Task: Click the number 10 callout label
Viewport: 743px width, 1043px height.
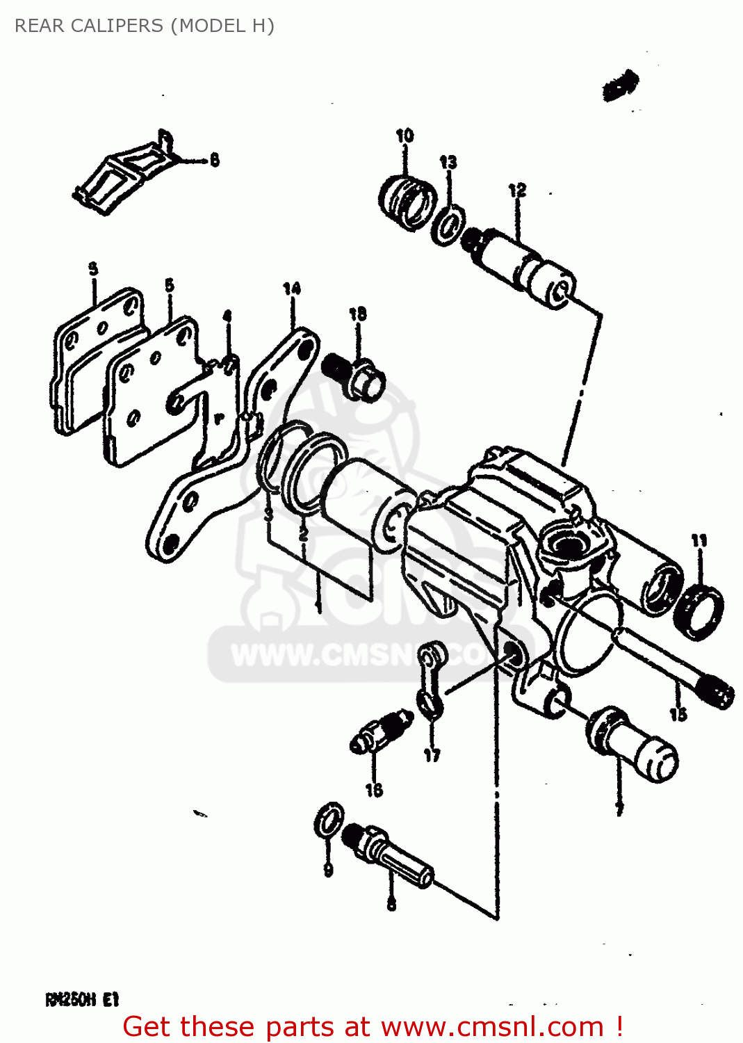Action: (405, 136)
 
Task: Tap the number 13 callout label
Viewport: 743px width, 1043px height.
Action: (448, 163)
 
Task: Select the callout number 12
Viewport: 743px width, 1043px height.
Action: (517, 191)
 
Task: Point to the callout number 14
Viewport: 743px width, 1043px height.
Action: (292, 288)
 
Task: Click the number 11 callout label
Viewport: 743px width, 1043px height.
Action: (699, 540)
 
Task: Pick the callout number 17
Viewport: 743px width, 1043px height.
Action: (432, 755)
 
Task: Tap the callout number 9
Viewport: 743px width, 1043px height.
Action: (328, 869)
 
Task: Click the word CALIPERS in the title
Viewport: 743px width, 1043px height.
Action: (112, 26)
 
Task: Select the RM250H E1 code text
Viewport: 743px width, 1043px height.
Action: (82, 1000)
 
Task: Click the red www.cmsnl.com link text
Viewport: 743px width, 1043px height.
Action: (492, 1026)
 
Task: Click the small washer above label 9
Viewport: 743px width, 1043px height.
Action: (329, 820)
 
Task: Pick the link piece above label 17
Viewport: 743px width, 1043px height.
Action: (432, 678)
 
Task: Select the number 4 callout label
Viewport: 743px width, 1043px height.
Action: (227, 317)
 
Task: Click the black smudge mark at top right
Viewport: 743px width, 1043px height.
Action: (620, 85)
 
